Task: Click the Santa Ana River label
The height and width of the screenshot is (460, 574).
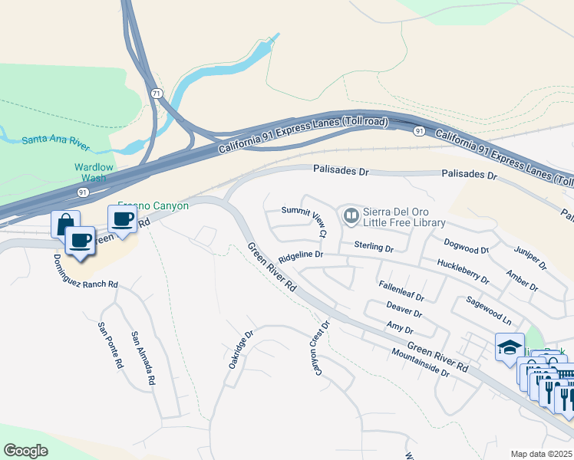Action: pyautogui.click(x=56, y=140)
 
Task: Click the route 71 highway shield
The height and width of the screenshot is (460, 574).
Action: pyautogui.click(x=157, y=93)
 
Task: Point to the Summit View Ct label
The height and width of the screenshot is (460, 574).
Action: pyautogui.click(x=305, y=221)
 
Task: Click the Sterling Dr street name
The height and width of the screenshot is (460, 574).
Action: pyautogui.click(x=374, y=248)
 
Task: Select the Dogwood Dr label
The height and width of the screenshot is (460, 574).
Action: pyautogui.click(x=467, y=245)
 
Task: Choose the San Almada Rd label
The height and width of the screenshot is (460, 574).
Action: pyautogui.click(x=143, y=357)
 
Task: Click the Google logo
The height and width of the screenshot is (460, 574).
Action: pyautogui.click(x=26, y=451)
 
